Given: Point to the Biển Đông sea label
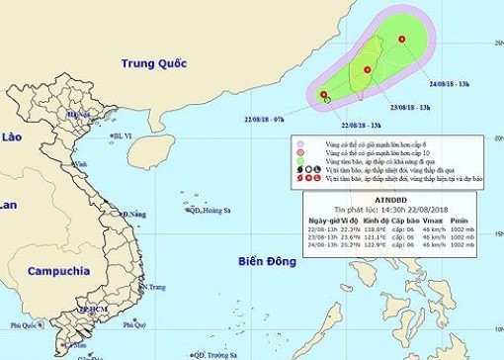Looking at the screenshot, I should [x=268, y=261].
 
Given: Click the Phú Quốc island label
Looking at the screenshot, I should [x=23, y=324].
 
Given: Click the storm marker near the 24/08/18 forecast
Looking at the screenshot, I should [x=402, y=39].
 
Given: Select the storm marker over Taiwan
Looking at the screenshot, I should [x=367, y=69].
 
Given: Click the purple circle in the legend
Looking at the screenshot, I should [x=299, y=144].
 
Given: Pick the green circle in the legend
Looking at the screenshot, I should [x=299, y=154].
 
